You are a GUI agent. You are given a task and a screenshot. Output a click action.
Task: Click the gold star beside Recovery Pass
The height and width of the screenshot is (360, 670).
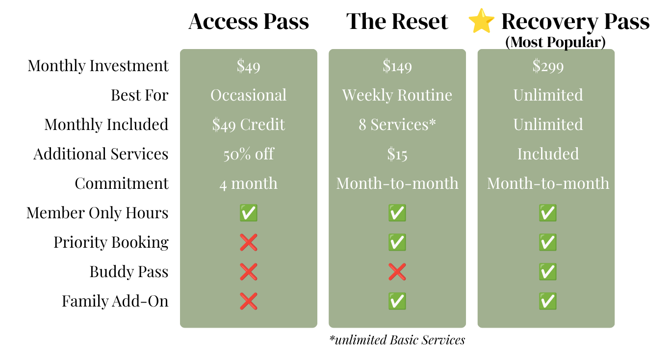point(481,21)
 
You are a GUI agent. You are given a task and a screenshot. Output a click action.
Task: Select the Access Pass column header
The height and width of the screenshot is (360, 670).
point(249,22)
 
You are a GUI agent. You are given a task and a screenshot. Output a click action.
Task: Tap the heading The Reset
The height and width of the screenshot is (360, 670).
point(397,22)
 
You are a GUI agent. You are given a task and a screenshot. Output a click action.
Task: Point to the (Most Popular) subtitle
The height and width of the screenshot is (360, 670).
point(555,42)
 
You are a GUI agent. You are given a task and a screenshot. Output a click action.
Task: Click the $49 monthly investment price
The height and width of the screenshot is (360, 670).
point(249,66)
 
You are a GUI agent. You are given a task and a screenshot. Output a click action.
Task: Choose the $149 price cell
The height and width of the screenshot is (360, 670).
point(397,66)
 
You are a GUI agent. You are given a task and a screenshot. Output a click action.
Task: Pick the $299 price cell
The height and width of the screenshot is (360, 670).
point(548,66)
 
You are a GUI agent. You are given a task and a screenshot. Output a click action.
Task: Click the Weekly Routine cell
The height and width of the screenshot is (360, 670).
point(397,95)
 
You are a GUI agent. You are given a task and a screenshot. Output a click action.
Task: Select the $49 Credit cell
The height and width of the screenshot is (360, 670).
point(249,125)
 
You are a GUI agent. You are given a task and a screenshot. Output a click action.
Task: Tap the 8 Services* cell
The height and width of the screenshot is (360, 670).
point(397,125)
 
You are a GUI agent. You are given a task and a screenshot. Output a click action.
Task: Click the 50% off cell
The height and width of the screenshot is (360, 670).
point(249,154)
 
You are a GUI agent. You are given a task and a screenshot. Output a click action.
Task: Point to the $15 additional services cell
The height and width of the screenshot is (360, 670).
point(397,154)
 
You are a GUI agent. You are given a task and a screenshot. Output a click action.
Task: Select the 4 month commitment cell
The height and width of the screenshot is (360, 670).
point(249,183)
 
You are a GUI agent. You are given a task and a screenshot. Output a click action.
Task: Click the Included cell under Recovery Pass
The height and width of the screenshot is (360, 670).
point(548,154)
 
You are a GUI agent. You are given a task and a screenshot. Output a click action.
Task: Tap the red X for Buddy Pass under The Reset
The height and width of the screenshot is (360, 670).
point(397,272)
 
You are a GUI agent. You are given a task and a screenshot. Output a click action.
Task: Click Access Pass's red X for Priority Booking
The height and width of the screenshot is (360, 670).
point(249,242)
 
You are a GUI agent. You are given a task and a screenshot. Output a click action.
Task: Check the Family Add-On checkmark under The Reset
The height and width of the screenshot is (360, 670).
point(397,301)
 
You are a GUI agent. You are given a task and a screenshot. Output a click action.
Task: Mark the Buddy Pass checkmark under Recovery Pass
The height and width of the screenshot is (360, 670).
point(548,272)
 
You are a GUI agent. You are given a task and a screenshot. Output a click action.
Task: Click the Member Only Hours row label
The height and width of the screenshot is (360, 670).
point(98,213)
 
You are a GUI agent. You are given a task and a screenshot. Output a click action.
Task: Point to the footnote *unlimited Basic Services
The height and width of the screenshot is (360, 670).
point(397,340)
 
